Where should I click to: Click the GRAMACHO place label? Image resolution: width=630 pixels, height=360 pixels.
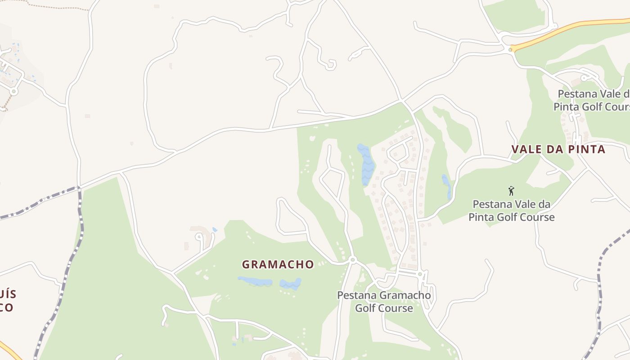tap(278, 265)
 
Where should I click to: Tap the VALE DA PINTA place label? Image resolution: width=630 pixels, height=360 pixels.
tap(558, 149)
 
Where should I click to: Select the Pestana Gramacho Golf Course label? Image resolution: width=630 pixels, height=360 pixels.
tap(384, 301)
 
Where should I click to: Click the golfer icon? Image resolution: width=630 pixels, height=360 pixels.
tap(511, 191)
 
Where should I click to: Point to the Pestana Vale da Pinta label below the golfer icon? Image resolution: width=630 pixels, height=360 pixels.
tap(512, 211)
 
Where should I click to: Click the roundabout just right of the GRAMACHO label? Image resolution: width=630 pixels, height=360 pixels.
tap(352, 260)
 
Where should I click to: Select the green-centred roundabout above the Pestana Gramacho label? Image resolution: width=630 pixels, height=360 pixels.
tap(420, 274)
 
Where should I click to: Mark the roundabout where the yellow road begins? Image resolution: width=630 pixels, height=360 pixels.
tap(510, 49)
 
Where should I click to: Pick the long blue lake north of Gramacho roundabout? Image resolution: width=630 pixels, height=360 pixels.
tap(367, 165)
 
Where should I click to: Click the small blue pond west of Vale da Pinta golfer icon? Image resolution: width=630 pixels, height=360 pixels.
tap(446, 185)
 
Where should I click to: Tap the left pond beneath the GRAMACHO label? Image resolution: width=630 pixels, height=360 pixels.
tap(255, 282)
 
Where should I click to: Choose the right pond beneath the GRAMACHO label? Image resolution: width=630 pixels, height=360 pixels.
tap(291, 284)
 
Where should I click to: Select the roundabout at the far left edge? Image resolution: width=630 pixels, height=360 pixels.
tap(13, 91)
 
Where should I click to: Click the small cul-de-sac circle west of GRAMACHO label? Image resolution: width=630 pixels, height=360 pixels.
tap(198, 235)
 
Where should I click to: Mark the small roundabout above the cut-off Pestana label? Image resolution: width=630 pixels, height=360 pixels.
tap(584, 78)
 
